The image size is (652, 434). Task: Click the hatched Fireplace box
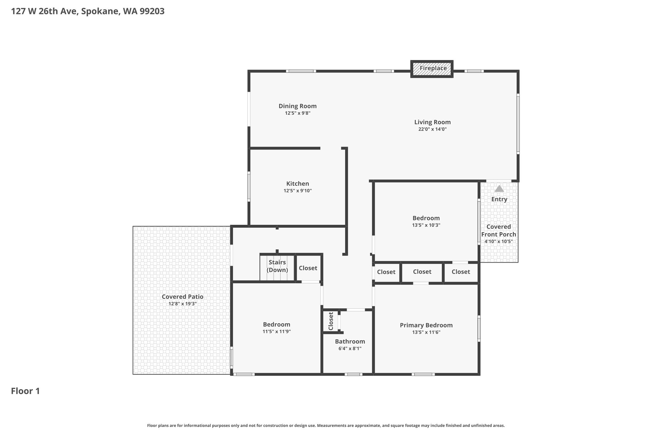(432, 69)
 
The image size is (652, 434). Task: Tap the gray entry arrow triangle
(499, 189)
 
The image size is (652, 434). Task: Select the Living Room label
(432, 122)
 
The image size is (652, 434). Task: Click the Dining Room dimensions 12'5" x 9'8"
(297, 113)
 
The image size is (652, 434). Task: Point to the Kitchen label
(297, 184)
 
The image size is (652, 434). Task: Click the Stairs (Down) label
(277, 266)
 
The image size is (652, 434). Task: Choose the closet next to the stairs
(308, 268)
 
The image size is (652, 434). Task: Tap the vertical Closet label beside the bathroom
(331, 321)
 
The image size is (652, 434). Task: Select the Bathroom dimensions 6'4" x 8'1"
(350, 348)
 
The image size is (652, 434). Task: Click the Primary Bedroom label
(426, 325)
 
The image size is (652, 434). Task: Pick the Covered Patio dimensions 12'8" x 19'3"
(182, 304)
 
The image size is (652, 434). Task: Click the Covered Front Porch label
(499, 231)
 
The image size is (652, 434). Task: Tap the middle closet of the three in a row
(422, 272)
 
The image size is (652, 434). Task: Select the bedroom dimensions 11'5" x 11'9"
(276, 332)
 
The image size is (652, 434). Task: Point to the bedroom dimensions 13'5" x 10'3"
(426, 225)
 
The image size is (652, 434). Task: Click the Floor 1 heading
(25, 391)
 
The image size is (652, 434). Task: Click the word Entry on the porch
(499, 199)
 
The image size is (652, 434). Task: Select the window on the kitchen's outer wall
(249, 187)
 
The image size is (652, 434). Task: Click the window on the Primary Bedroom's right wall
(479, 329)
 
